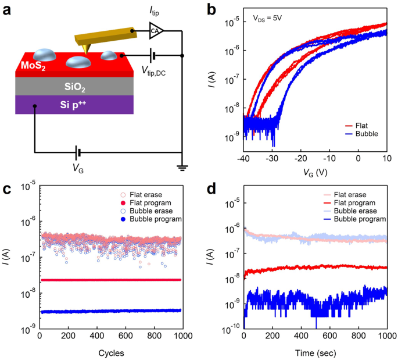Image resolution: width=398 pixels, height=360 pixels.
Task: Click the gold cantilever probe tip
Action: (85, 52)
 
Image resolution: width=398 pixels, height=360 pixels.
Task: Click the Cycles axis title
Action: (110, 352)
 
